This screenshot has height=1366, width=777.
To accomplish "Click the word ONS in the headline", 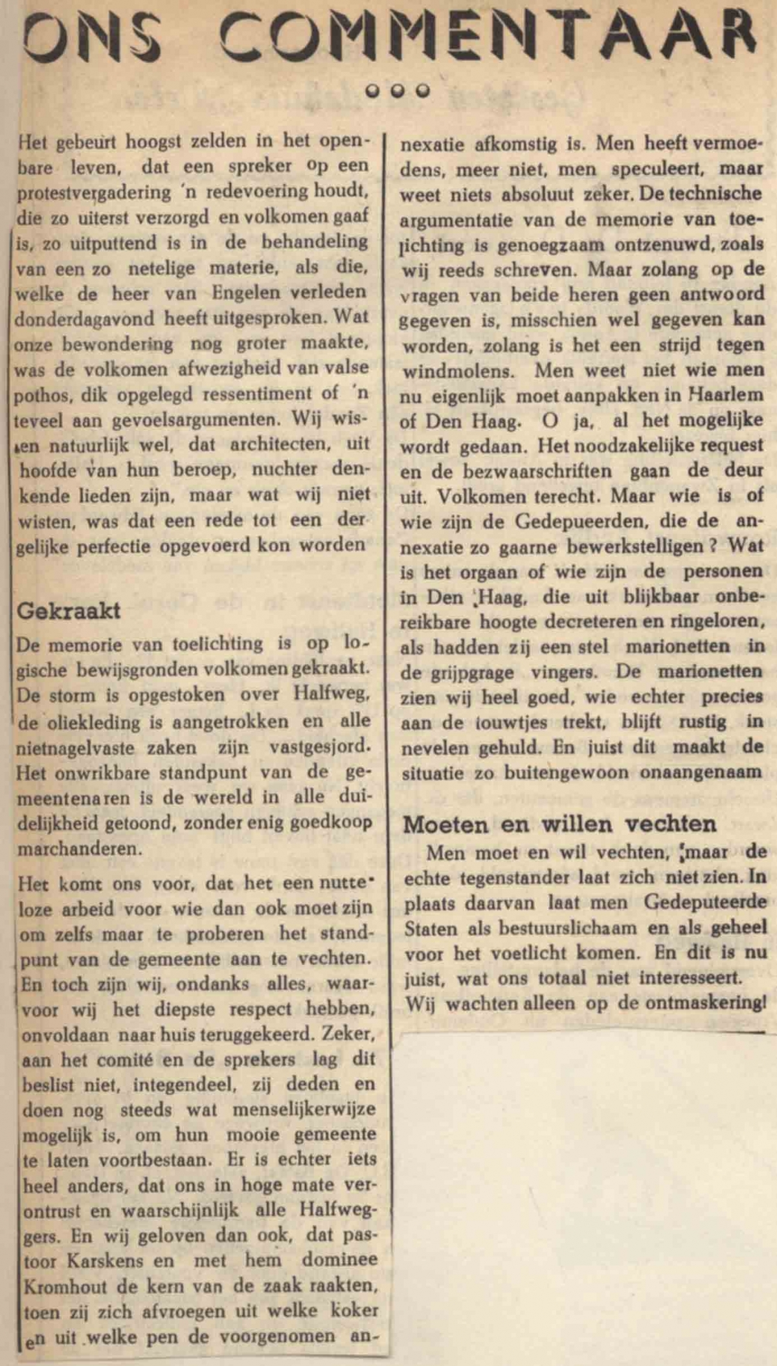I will pyautogui.click(x=91, y=36).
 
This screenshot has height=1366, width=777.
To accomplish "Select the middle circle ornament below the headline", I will pyautogui.click(x=398, y=91).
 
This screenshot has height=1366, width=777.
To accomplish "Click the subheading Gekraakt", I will pyautogui.click(x=69, y=610).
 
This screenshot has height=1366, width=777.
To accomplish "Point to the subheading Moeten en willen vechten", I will pyautogui.click(x=559, y=824).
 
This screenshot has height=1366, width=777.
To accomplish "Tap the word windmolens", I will pyautogui.click(x=457, y=371).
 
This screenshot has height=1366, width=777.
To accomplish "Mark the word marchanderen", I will pyautogui.click(x=79, y=848).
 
